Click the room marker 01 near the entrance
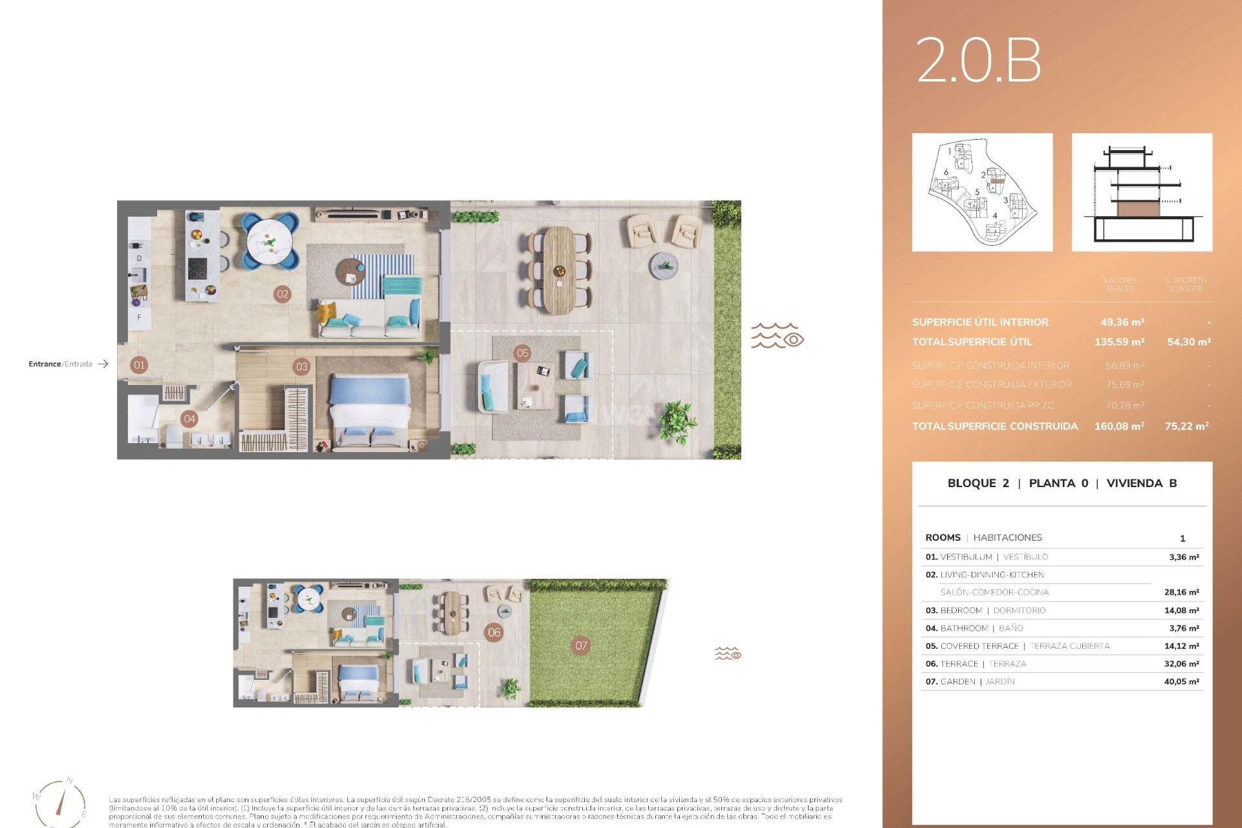click(139, 365)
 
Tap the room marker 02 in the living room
click(283, 294)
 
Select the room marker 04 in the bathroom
click(190, 419)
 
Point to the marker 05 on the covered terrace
click(523, 353)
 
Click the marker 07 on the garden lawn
click(582, 646)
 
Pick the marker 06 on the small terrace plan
click(494, 633)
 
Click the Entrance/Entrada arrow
click(103, 364)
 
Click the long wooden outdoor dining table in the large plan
click(559, 270)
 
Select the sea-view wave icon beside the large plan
click(777, 336)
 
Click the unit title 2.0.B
click(978, 60)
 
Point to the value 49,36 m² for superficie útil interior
click(1122, 322)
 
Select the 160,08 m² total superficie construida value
click(1119, 426)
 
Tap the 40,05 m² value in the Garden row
click(1181, 682)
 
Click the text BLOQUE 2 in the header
click(977, 483)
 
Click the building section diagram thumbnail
click(1142, 192)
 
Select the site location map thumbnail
click(982, 192)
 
